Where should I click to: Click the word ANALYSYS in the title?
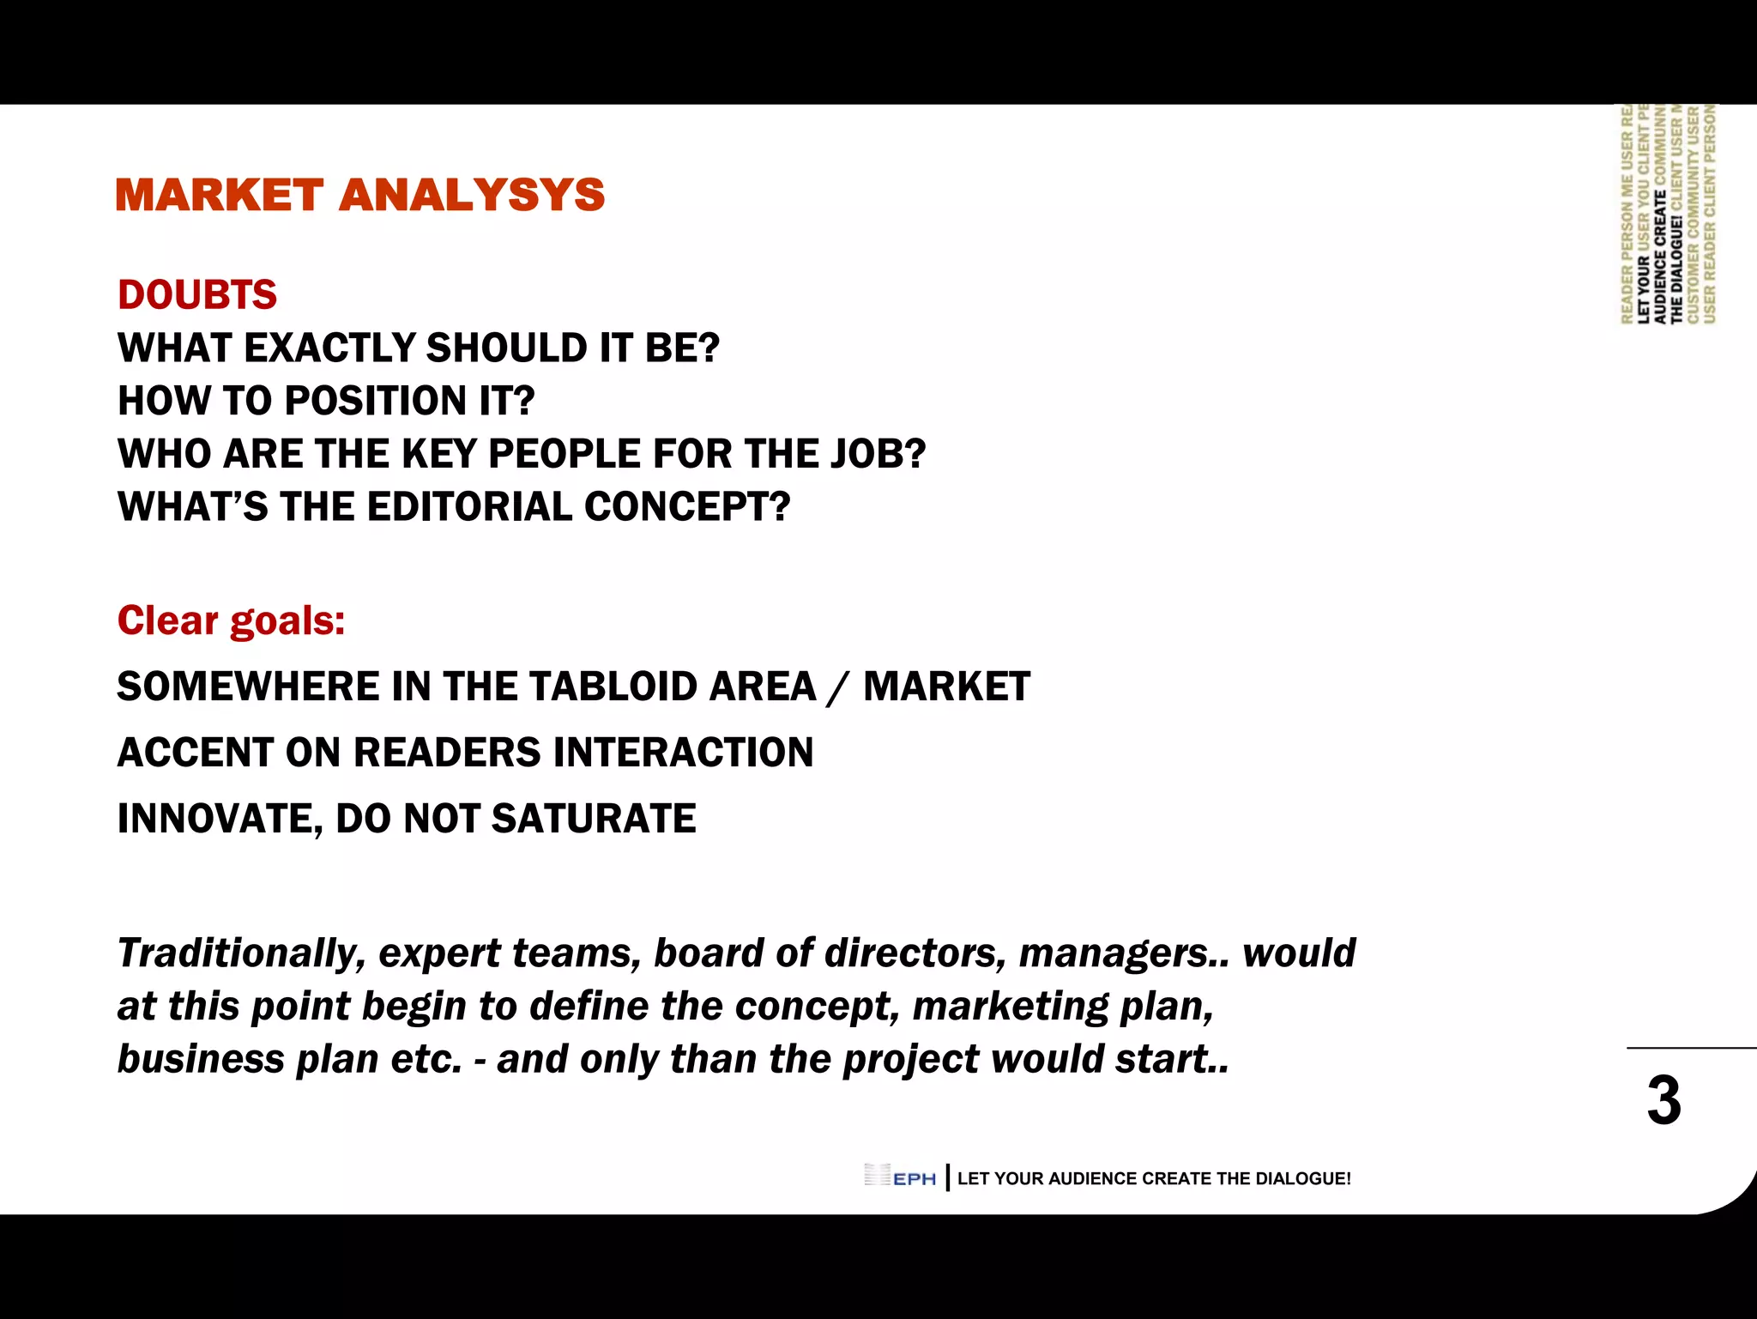[x=472, y=195]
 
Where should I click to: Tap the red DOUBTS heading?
[x=197, y=295]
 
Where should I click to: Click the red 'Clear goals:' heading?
[x=231, y=620]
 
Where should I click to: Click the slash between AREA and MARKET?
[x=838, y=688]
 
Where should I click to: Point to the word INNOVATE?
[x=219, y=820]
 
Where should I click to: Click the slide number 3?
[x=1663, y=1101]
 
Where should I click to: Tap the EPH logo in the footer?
[x=900, y=1177]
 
